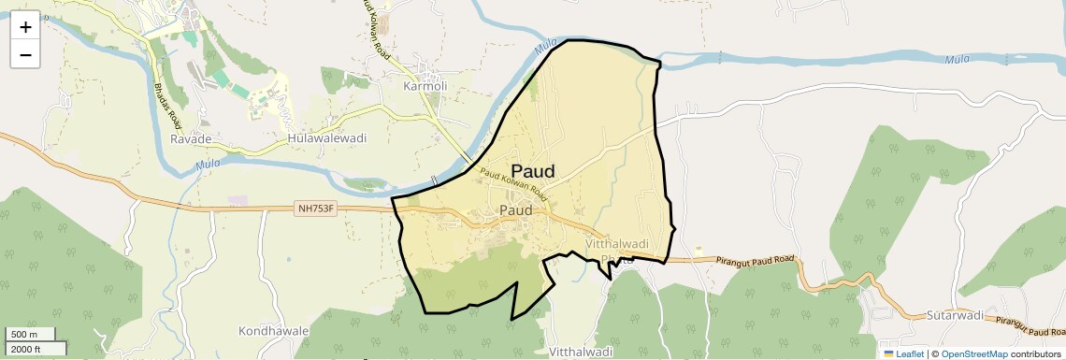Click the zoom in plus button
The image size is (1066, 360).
point(25,27)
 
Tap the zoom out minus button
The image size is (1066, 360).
point(25,55)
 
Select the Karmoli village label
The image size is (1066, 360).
point(425,86)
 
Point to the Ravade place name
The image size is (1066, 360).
point(191,138)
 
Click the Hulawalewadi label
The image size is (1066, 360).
point(326,138)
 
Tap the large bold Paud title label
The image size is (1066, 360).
point(533,172)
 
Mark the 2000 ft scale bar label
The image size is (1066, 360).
point(25,349)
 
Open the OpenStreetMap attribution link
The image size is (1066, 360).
point(974,353)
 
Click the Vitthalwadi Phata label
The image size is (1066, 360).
point(616,252)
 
